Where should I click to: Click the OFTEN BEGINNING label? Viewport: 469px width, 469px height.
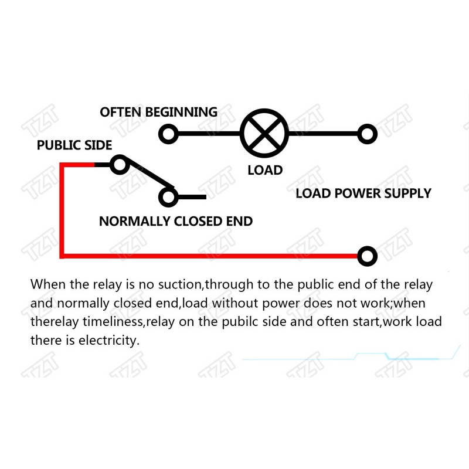[x=158, y=112]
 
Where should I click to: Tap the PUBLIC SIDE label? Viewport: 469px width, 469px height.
[x=74, y=145]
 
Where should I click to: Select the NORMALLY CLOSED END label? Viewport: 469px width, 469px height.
[x=176, y=222]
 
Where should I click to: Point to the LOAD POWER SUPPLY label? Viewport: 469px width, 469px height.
[x=363, y=193]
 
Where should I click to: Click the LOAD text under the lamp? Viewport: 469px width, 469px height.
[x=265, y=170]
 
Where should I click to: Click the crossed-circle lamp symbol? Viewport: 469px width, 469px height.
[x=264, y=134]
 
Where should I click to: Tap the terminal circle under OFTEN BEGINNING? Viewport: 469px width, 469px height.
[x=168, y=134]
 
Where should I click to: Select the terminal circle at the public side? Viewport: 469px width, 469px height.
[x=120, y=165]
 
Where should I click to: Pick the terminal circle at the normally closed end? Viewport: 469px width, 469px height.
[x=168, y=197]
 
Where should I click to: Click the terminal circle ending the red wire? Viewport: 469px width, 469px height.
[x=368, y=256]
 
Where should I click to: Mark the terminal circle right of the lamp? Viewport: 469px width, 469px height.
[x=368, y=134]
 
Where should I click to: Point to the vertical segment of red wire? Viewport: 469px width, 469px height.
[x=62, y=210]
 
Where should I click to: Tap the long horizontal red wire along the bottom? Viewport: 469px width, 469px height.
[x=209, y=256]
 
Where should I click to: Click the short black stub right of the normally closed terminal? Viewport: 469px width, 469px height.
[x=192, y=197]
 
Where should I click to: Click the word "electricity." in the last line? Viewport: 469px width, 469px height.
[x=109, y=341]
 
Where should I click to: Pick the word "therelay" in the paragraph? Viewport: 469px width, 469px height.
[x=55, y=322]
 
